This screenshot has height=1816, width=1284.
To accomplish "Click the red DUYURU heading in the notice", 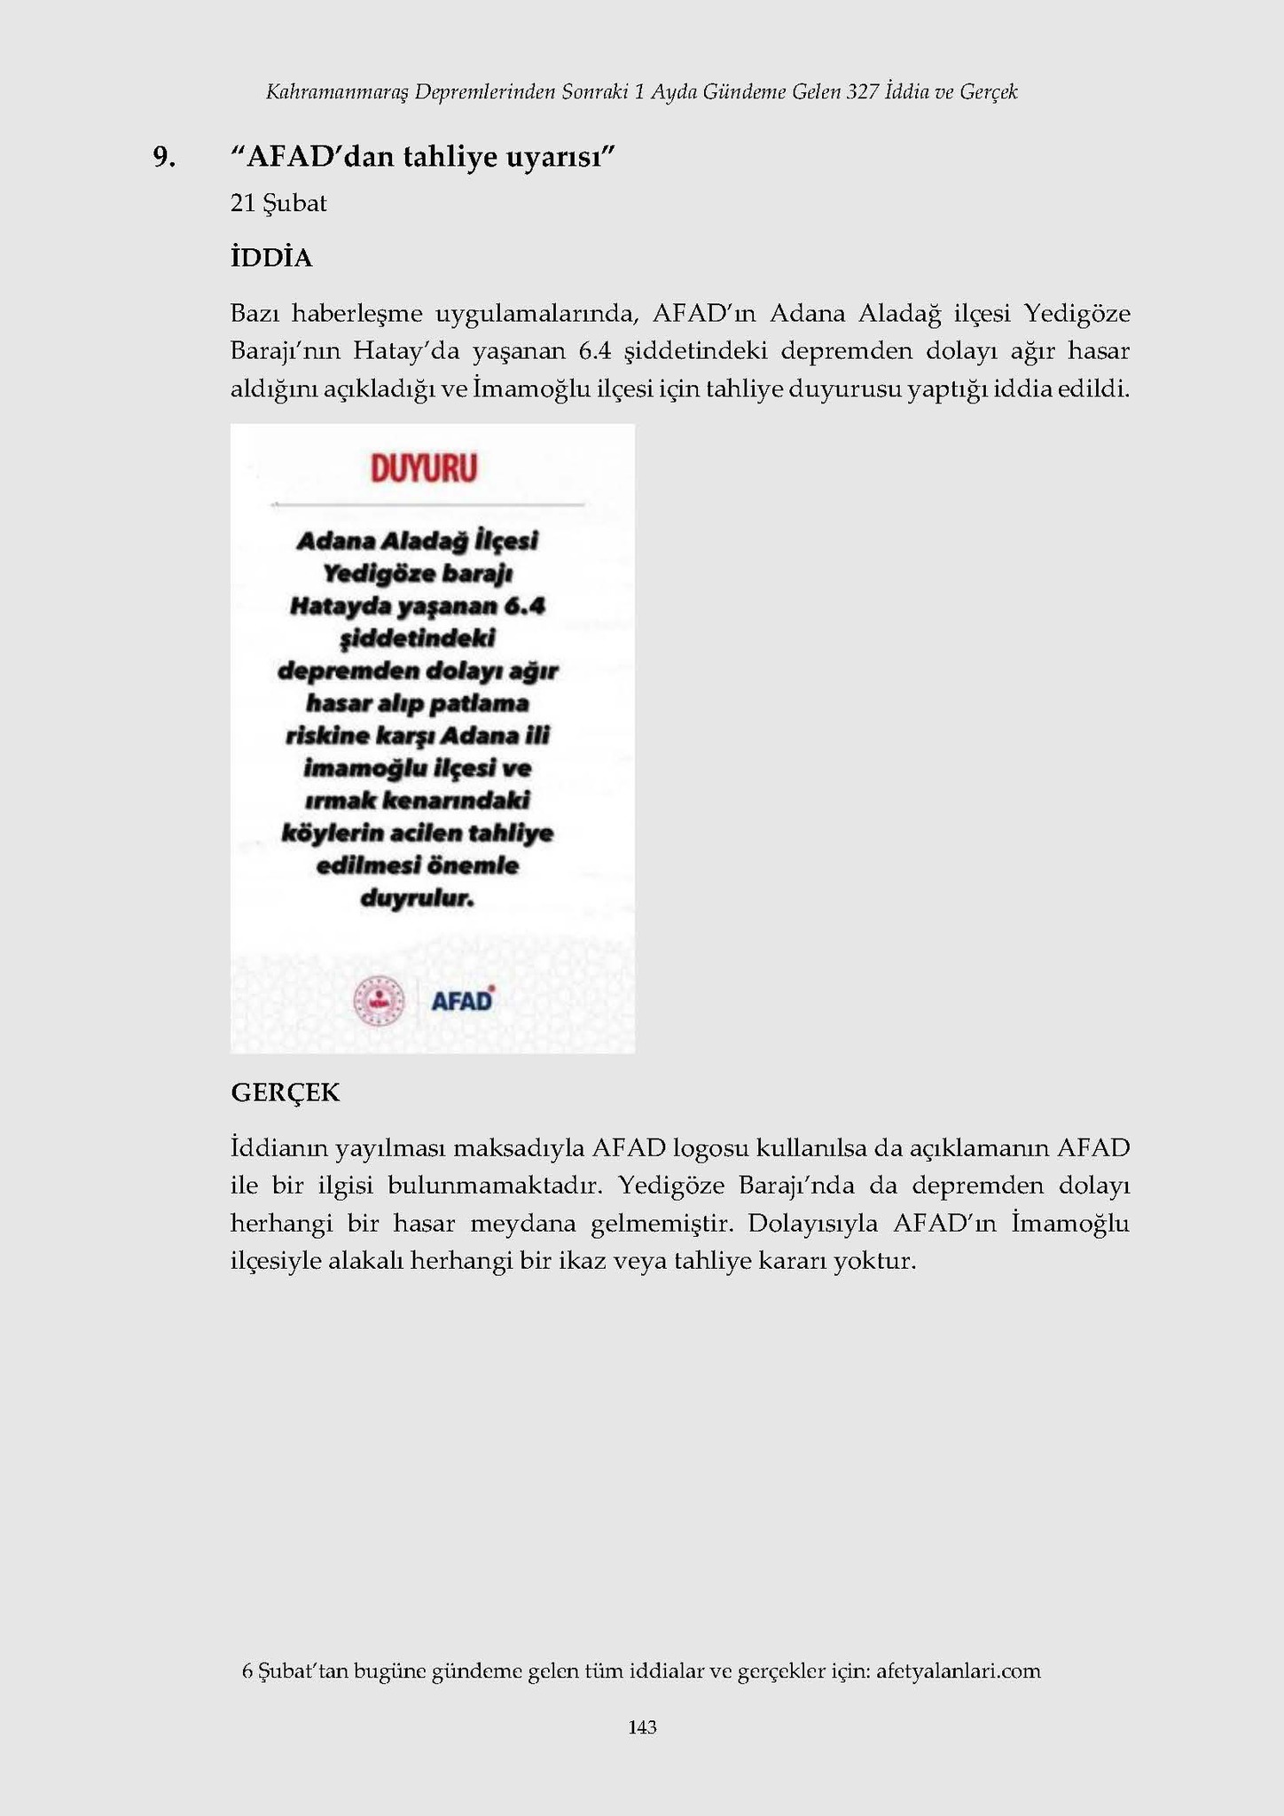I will click(x=424, y=469).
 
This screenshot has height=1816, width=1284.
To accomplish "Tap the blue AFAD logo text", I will click(x=461, y=1001).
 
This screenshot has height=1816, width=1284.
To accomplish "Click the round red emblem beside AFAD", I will click(x=380, y=1002).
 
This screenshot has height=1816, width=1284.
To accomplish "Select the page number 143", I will click(x=642, y=1726).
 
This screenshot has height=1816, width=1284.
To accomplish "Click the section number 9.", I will click(x=163, y=157).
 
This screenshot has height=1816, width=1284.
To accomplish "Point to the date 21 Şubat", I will click(x=278, y=204).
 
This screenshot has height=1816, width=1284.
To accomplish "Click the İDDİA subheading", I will click(x=271, y=258).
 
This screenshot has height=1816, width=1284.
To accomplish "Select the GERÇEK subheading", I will click(x=285, y=1092).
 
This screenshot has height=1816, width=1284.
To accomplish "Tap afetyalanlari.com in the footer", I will click(x=958, y=1671).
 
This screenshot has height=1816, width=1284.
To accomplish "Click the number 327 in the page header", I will click(x=862, y=92).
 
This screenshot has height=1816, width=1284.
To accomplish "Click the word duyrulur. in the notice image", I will click(x=418, y=898).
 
